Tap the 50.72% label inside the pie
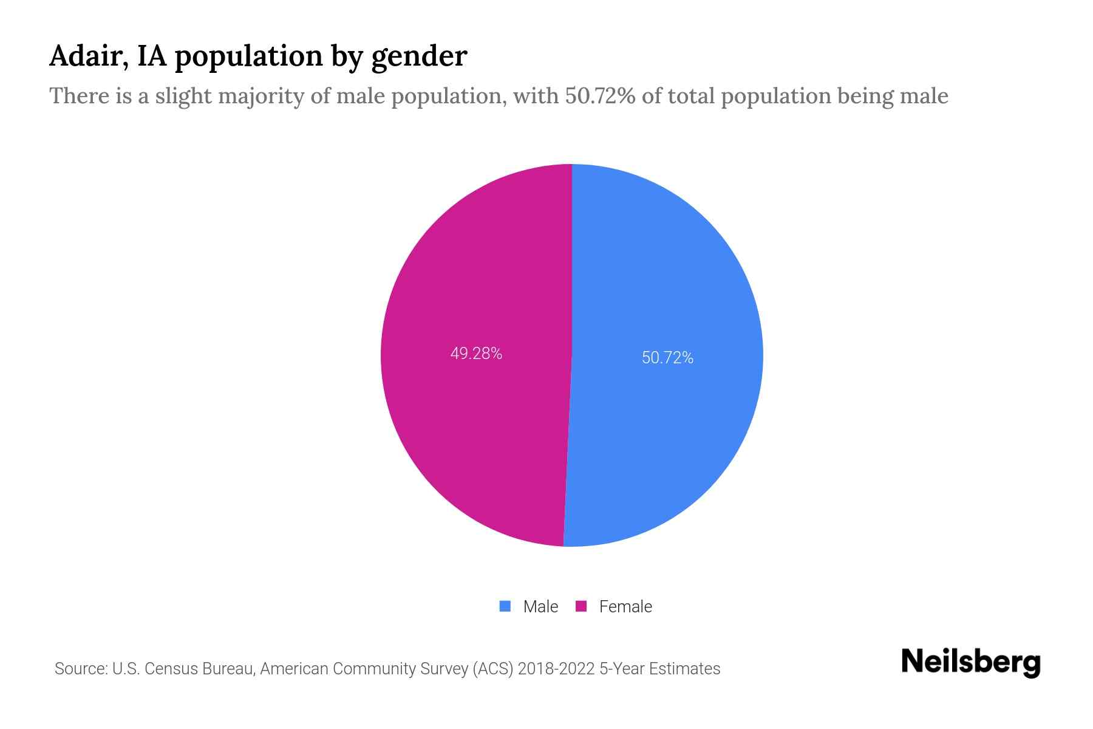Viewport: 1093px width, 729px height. click(x=667, y=358)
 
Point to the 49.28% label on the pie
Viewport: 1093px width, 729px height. click(x=476, y=354)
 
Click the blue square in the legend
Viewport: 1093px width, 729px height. click(x=505, y=606)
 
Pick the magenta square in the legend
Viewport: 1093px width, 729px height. click(x=581, y=606)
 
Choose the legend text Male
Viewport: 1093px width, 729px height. click(x=540, y=607)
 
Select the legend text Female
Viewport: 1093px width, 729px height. click(x=625, y=607)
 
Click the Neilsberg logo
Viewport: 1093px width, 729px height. click(x=970, y=662)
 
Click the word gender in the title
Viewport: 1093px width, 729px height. click(x=420, y=57)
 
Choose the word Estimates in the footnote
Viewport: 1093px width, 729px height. click(x=684, y=669)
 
